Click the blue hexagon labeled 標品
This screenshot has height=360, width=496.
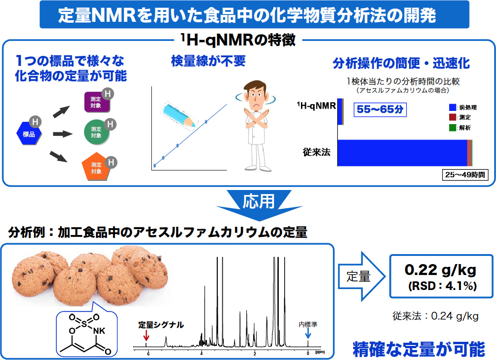[x=29, y=134]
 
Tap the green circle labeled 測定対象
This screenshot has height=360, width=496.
[x=96, y=133]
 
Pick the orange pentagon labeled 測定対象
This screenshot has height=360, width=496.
[x=96, y=168]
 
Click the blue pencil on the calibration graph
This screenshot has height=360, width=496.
[x=178, y=114]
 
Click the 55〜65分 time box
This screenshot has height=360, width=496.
[x=379, y=110]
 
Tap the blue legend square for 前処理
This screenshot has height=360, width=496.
[x=452, y=107]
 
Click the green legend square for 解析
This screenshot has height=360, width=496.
[x=452, y=128]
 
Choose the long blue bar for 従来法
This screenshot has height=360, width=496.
[x=402, y=153]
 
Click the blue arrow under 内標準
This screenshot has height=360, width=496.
[x=308, y=334]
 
